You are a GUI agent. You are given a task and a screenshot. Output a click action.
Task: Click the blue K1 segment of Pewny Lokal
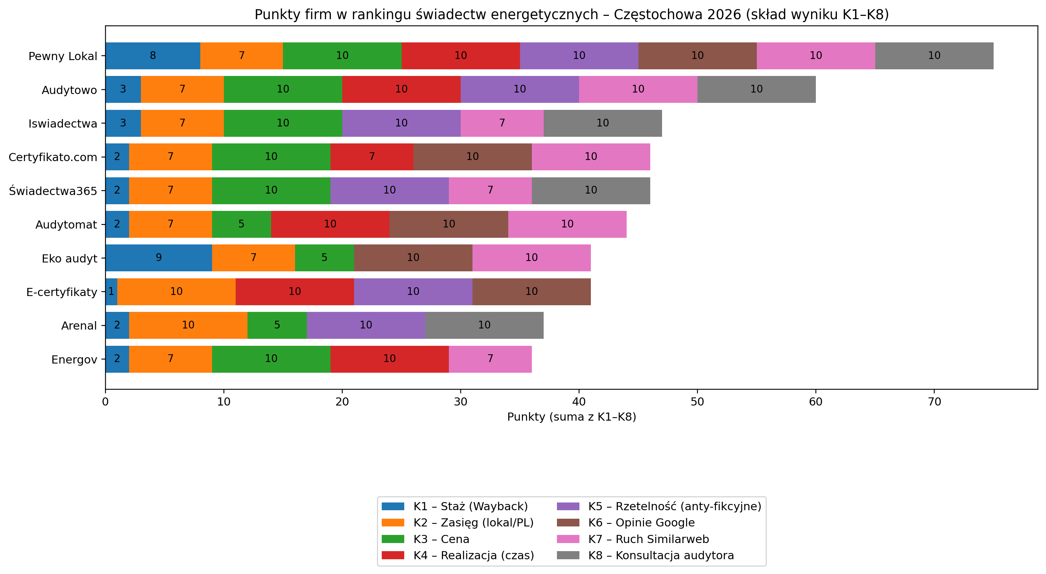click(153, 56)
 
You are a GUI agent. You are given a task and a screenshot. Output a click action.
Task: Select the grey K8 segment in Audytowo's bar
click(756, 89)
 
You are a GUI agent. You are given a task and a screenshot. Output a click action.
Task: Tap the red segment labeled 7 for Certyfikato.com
click(371, 157)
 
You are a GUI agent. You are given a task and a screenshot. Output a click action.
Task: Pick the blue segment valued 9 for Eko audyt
click(158, 258)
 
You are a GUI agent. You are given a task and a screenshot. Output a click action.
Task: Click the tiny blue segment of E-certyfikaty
click(111, 292)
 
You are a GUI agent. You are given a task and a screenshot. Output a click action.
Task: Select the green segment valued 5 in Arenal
click(277, 325)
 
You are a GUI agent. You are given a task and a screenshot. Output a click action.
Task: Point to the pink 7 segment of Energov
click(490, 359)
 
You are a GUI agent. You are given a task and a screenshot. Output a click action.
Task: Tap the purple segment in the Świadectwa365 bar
click(389, 190)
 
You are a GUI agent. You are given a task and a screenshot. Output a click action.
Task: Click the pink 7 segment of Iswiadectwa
click(502, 123)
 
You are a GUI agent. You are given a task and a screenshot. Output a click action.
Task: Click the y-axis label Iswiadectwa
click(63, 124)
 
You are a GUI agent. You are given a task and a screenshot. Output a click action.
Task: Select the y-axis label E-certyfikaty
click(62, 292)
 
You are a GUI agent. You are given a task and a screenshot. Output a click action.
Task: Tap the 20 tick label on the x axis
click(342, 402)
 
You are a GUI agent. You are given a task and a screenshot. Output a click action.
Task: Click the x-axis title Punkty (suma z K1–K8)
click(571, 417)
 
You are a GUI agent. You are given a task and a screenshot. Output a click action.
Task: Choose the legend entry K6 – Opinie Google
click(641, 523)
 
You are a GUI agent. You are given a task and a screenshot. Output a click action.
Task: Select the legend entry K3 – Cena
click(441, 539)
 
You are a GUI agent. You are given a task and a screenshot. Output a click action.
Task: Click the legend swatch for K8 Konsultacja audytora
click(568, 556)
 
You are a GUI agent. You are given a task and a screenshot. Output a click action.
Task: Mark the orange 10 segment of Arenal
click(188, 325)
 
